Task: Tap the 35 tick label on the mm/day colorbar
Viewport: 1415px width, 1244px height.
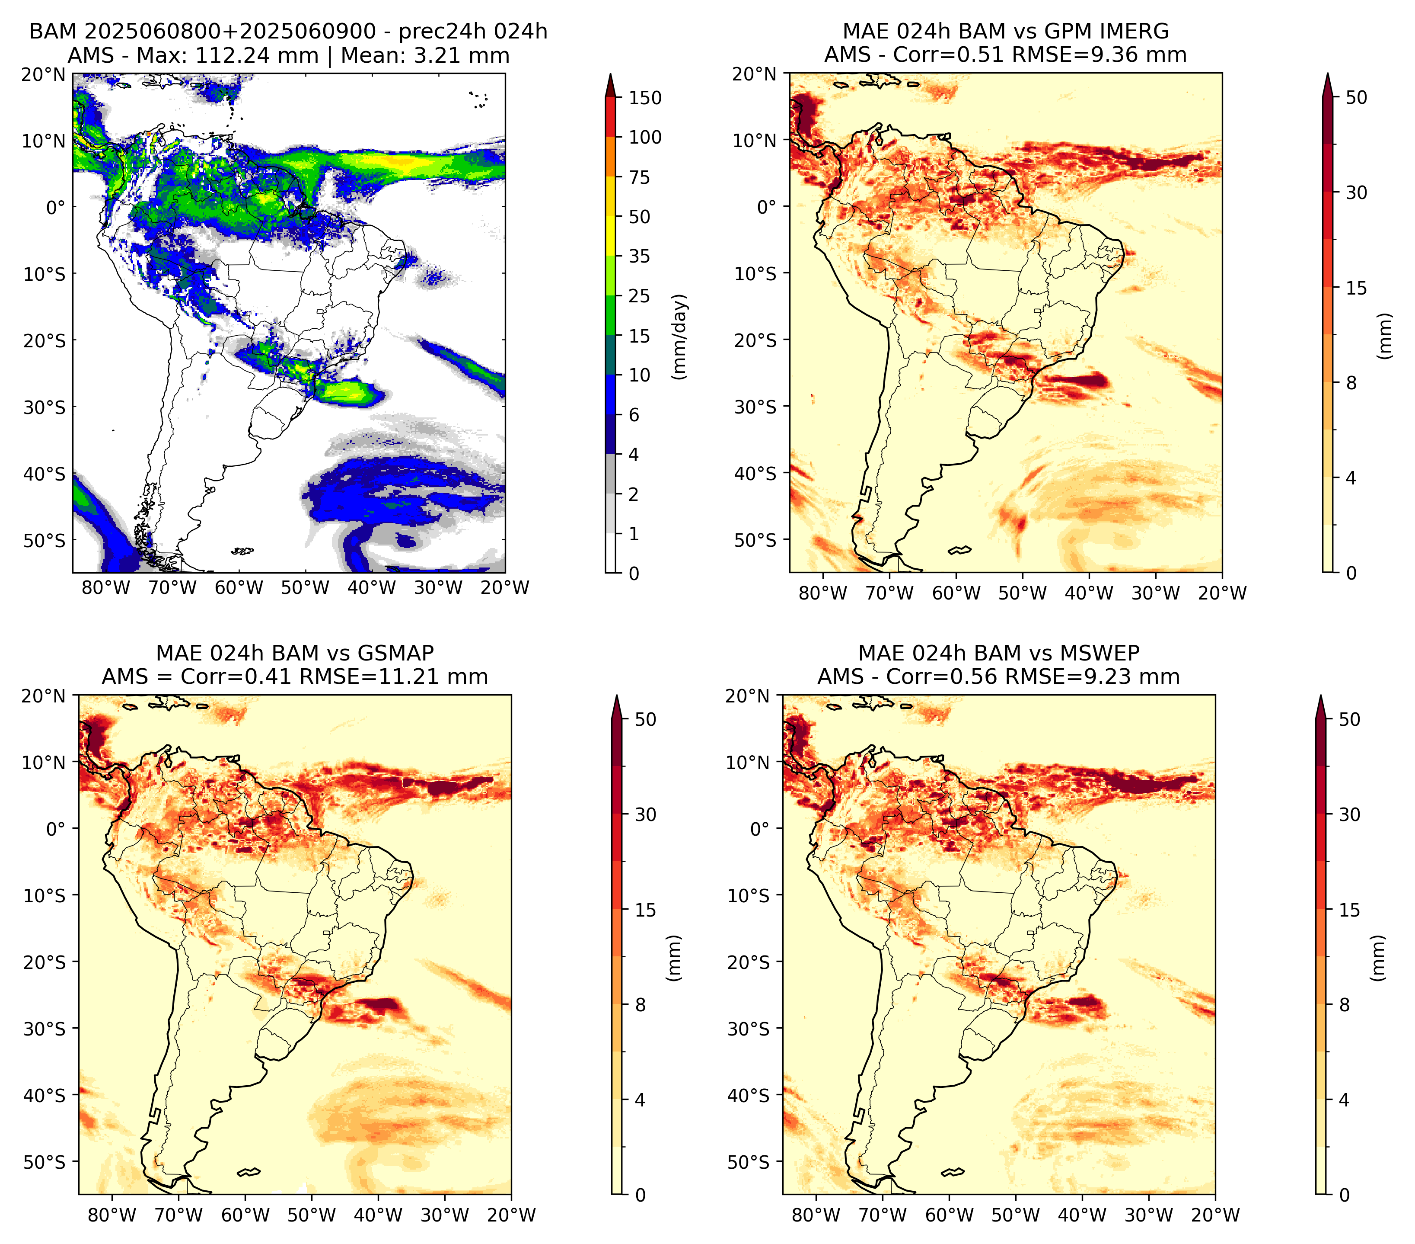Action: point(639,256)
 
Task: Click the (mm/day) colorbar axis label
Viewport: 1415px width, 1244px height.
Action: point(680,337)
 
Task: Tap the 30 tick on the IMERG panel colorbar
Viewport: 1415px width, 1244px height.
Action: point(1356,192)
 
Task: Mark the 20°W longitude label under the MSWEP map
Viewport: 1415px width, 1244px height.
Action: point(1216,1215)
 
